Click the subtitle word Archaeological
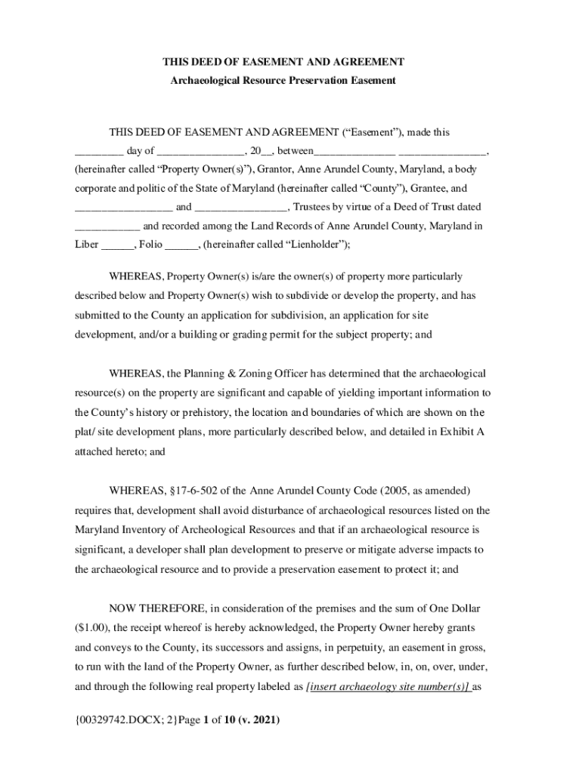[x=203, y=79]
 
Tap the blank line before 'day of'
[x=98, y=151]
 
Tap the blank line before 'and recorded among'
[x=107, y=226]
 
